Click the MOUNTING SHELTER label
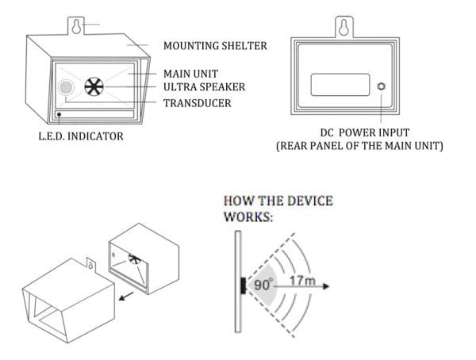point(214,45)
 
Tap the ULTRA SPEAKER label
point(203,86)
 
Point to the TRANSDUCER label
point(198,103)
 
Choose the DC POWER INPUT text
point(359,132)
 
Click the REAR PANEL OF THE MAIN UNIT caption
point(359,147)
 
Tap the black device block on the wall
point(242,283)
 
